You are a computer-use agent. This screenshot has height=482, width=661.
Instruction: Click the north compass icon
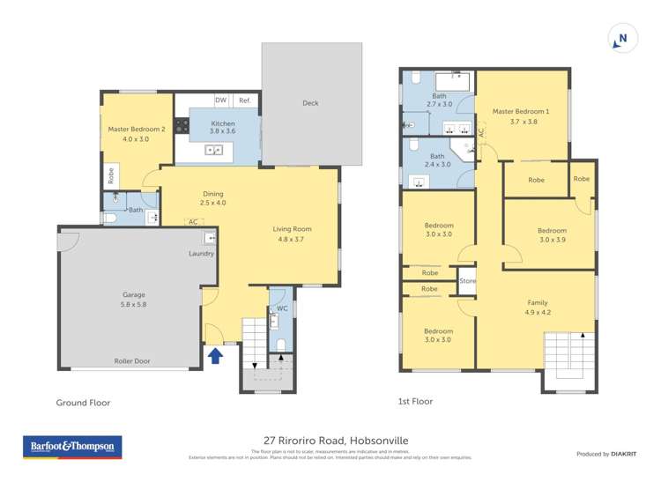point(622,39)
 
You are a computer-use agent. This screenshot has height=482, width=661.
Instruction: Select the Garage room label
point(134,294)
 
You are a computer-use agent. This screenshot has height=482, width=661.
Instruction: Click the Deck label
point(310,103)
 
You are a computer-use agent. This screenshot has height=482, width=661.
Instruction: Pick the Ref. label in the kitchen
point(244,100)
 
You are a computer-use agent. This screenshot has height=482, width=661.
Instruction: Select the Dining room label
point(213,194)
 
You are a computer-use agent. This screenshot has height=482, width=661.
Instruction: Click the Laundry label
point(201,254)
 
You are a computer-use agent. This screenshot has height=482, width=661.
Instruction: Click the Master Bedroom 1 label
point(521,112)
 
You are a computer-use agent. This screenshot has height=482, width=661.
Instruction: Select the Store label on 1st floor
point(467,282)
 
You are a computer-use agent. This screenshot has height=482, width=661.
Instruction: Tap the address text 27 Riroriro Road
point(336,441)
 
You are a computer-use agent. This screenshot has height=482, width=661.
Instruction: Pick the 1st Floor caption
point(415,402)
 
